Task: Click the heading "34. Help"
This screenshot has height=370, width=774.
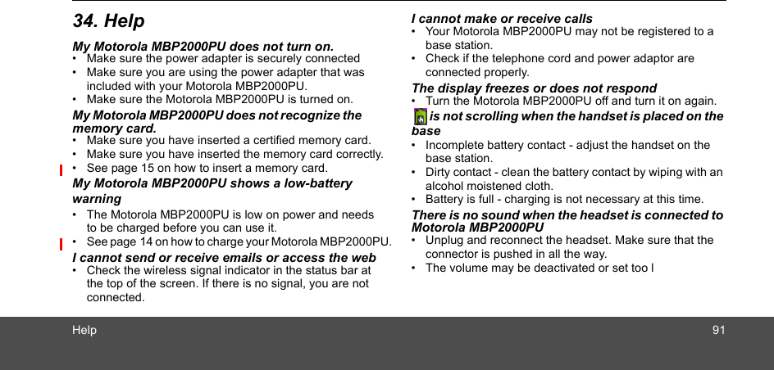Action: click(x=108, y=21)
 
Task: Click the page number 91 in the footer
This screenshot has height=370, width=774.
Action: click(x=718, y=330)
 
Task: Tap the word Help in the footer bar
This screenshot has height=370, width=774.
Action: click(x=84, y=330)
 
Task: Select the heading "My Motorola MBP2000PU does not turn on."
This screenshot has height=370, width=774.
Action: click(x=203, y=47)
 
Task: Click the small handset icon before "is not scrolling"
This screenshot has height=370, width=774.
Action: click(x=420, y=116)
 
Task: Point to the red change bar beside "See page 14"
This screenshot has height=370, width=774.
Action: click(x=61, y=243)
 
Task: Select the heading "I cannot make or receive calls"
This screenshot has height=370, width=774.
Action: click(x=502, y=18)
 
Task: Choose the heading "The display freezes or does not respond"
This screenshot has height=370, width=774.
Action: click(x=534, y=88)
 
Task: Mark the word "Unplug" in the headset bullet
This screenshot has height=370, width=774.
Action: click(x=444, y=241)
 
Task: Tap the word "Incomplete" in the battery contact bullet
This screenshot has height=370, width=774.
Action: click(x=453, y=146)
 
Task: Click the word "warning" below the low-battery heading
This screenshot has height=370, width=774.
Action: click(x=97, y=199)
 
